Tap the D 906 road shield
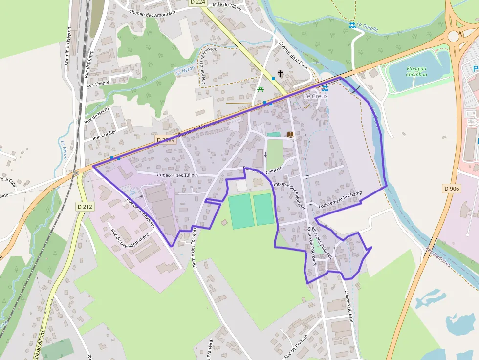click(452, 189)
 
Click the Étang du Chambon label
click(416, 72)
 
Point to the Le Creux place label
click(316, 96)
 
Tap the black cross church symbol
click(281, 74)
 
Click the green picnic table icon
click(261, 89)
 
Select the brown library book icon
click(290, 134)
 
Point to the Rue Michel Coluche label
click(262, 170)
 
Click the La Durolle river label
click(367, 28)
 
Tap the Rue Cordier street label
click(105, 133)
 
